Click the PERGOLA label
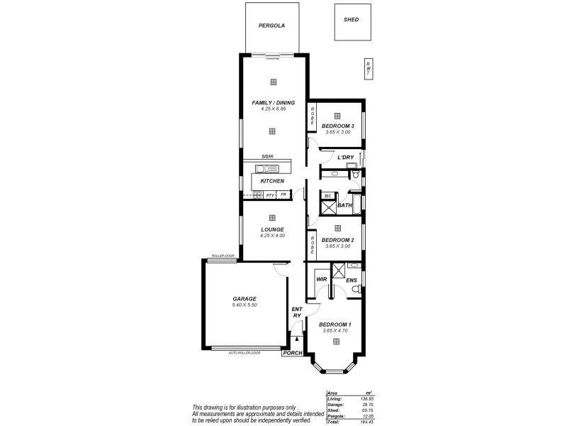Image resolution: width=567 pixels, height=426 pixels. pyautogui.click(x=271, y=25)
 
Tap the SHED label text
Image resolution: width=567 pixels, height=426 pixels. pyautogui.click(x=351, y=21)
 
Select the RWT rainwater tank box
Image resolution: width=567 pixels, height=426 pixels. pyautogui.click(x=367, y=67)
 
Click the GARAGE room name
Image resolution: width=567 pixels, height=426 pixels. pyautogui.click(x=245, y=299)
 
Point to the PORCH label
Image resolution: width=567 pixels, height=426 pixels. pyautogui.click(x=291, y=353)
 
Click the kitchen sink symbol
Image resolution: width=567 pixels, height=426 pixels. pyautogui.click(x=267, y=169)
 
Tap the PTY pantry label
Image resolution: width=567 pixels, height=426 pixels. pyautogui.click(x=270, y=194)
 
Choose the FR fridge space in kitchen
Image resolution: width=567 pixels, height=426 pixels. pyautogui.click(x=283, y=194)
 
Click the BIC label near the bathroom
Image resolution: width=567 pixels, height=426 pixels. pyautogui.click(x=328, y=195)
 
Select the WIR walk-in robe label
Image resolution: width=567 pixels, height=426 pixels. pyautogui.click(x=321, y=280)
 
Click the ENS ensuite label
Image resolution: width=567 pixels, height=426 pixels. pyautogui.click(x=351, y=280)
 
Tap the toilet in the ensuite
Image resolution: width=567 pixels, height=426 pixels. pyautogui.click(x=358, y=290)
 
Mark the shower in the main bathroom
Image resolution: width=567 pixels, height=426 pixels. pyautogui.click(x=328, y=208)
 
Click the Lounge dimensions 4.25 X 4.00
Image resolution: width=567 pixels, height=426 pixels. pyautogui.click(x=272, y=236)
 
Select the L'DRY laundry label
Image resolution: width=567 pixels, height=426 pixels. pyautogui.click(x=345, y=157)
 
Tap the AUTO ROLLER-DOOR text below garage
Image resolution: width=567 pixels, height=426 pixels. pyautogui.click(x=245, y=353)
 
